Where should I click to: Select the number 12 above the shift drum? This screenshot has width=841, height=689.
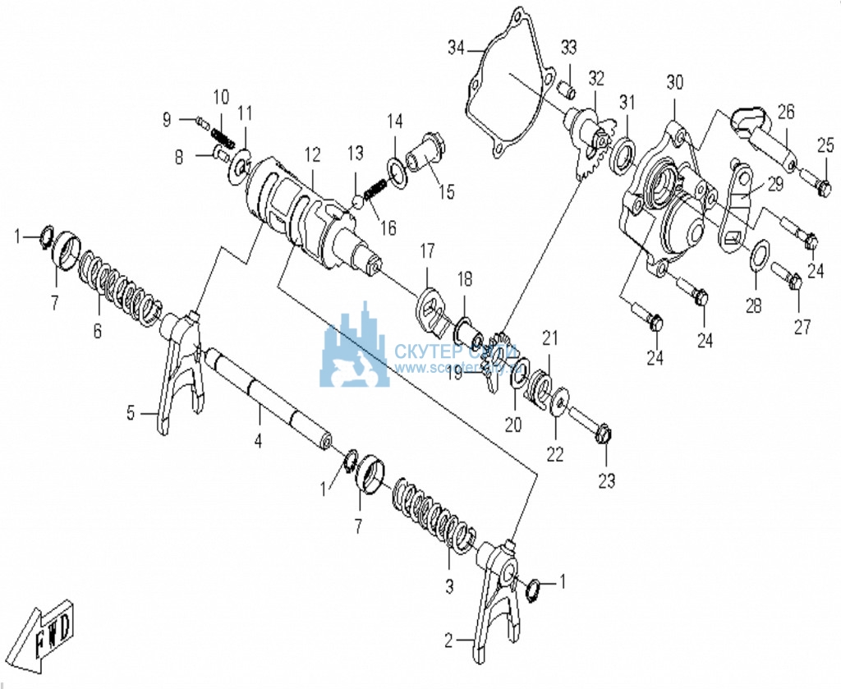point(311,154)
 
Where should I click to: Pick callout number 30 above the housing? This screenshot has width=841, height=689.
point(674,82)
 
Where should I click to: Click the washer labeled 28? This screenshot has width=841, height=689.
point(760,254)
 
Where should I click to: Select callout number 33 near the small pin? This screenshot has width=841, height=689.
point(569,47)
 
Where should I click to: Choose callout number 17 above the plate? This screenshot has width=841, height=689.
point(427,249)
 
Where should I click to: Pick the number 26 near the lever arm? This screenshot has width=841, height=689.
point(786,111)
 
